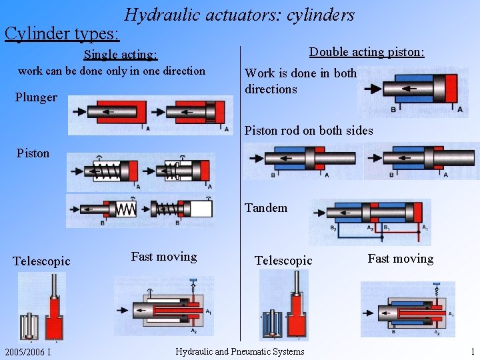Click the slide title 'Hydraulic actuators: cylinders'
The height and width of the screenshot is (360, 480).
click(239, 15)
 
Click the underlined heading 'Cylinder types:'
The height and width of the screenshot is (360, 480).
click(62, 33)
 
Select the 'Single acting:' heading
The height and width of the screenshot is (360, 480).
click(120, 54)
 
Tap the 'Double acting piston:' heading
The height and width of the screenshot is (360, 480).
click(367, 51)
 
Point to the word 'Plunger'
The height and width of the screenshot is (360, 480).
click(36, 97)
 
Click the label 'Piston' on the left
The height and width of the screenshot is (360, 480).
click(33, 153)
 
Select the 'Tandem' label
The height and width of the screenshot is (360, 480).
click(266, 208)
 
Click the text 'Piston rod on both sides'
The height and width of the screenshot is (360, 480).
click(309, 131)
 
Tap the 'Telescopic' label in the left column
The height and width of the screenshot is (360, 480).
click(41, 261)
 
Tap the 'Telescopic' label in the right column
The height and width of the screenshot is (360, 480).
click(283, 261)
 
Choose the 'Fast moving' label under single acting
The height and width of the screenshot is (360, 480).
click(164, 257)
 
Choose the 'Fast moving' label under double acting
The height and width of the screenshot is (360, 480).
click(400, 259)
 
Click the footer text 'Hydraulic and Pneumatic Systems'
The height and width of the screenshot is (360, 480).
click(239, 351)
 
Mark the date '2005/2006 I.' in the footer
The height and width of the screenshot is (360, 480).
click(28, 351)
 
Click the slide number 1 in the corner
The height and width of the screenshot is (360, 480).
click(472, 351)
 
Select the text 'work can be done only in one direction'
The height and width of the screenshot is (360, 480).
click(111, 71)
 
